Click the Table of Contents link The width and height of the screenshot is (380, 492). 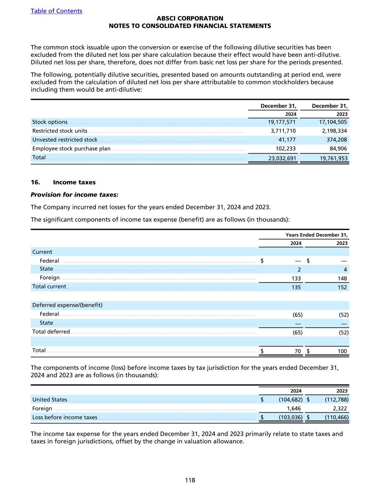(56, 11)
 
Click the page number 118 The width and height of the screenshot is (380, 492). (190, 480)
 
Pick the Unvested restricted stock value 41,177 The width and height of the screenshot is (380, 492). (287, 140)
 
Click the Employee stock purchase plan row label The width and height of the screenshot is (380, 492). (71, 149)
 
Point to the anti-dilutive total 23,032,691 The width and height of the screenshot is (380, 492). (282, 158)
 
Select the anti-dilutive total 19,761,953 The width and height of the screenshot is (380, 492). (334, 158)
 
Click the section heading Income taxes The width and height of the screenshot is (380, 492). (74, 182)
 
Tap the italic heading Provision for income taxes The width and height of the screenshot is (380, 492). (75, 195)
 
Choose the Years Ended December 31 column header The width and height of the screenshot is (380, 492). (316, 235)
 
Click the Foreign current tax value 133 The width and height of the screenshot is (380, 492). (296, 278)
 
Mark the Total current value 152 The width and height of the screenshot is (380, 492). (342, 287)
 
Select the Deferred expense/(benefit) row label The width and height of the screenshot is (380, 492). (67, 305)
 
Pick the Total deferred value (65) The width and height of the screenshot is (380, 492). (297, 332)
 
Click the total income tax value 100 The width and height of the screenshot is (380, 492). (342, 351)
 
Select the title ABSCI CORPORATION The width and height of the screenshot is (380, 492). (190, 18)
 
